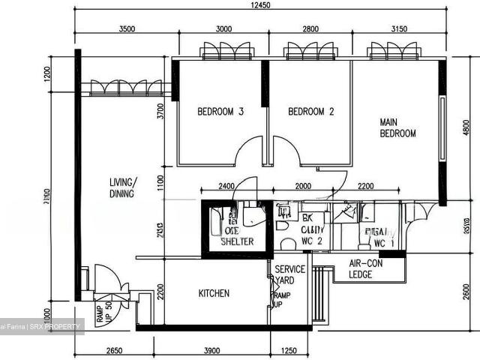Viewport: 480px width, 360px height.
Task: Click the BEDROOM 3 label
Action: (220, 112)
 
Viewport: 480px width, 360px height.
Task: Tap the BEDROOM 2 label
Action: (310, 112)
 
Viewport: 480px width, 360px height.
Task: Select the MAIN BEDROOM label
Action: (397, 127)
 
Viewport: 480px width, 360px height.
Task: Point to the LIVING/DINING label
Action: (121, 187)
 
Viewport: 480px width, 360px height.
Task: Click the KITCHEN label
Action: (214, 293)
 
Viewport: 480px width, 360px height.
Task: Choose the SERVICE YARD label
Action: (289, 274)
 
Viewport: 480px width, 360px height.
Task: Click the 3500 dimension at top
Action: (127, 29)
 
